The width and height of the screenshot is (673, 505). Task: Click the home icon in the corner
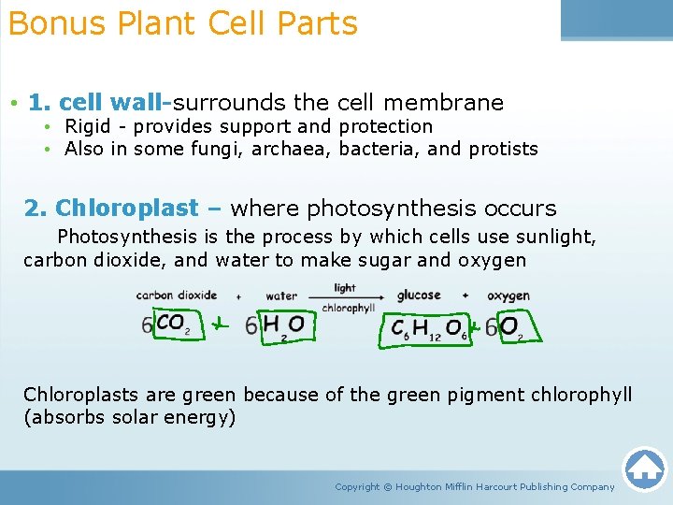(x=644, y=469)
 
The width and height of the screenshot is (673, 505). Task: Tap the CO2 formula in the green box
(x=172, y=324)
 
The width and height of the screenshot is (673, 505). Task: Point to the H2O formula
(x=283, y=325)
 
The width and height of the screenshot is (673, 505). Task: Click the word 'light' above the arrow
(x=345, y=288)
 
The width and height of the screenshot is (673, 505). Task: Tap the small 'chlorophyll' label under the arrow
(x=348, y=307)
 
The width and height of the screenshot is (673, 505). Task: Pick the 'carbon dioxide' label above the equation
(x=176, y=296)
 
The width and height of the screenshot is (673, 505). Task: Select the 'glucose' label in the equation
(x=419, y=296)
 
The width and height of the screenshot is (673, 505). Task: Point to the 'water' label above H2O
(x=280, y=296)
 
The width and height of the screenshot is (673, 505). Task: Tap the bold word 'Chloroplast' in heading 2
(x=127, y=208)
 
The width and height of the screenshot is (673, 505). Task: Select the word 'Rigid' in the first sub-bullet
(x=88, y=126)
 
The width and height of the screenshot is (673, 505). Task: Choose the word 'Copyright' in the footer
(x=357, y=486)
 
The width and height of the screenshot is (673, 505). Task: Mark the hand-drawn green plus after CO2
(x=217, y=325)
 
